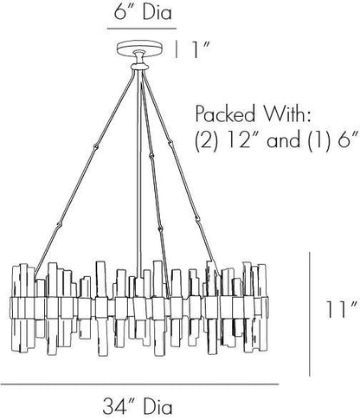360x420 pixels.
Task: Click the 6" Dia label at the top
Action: coord(143,12)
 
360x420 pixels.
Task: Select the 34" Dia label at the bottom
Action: coord(138,405)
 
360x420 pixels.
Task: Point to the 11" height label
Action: coord(343,309)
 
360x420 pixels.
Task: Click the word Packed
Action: coord(225,113)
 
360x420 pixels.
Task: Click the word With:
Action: coord(288,113)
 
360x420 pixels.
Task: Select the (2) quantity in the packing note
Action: coord(206,140)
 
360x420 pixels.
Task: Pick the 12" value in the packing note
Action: coord(239,140)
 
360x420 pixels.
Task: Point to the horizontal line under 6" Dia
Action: coord(142,29)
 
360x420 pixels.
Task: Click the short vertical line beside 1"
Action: coord(177,49)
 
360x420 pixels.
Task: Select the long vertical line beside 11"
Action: coord(310,314)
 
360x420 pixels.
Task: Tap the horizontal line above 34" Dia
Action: coord(140,384)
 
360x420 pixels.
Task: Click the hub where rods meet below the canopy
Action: coord(139,67)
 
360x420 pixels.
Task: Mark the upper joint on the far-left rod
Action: coord(96,147)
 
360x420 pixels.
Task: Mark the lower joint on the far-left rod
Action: coord(59,224)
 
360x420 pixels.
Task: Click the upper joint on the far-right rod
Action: coord(170,142)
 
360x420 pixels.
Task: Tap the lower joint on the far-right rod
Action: coord(198,216)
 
